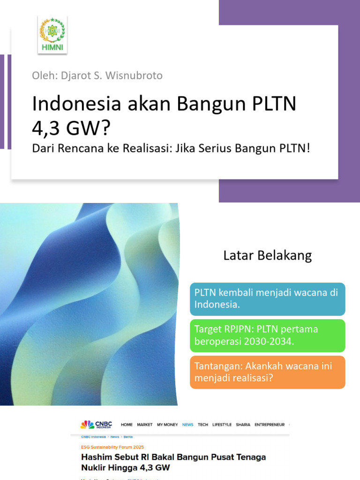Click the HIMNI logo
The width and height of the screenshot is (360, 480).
52,35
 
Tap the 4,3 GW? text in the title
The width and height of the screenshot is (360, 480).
71,127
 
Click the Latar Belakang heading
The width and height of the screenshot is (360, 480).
267,255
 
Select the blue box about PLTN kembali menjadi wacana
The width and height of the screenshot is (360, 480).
267,299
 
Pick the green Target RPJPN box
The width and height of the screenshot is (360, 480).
267,335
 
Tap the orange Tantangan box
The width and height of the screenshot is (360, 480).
267,372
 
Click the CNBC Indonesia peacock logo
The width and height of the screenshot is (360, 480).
87,425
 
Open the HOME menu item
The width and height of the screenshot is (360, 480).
127,425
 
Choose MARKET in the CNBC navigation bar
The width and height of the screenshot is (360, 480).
145,425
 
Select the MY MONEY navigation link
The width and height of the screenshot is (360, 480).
167,425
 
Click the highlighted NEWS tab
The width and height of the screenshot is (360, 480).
187,425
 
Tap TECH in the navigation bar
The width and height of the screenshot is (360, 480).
203,425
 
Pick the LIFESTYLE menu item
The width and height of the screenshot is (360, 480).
222,425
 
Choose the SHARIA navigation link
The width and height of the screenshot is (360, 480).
243,425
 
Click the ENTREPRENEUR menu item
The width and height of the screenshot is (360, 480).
270,425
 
